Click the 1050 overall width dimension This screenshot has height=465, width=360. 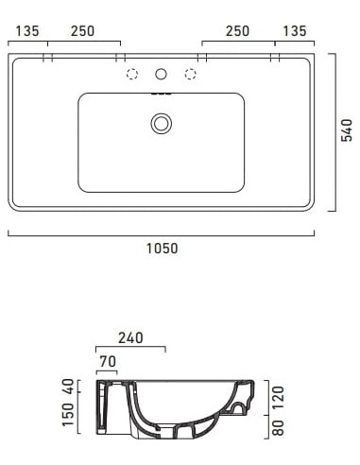tap(162, 249)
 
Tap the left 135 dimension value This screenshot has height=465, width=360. tap(27, 31)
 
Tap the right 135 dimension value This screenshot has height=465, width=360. tap(296, 31)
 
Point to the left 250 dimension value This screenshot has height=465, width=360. tap(83, 31)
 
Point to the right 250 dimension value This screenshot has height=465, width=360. tap(238, 31)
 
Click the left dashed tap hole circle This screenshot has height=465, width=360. tap(132, 74)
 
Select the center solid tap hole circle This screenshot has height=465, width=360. tap(162, 74)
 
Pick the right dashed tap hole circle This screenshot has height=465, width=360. tap(191, 74)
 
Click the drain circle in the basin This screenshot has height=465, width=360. tap(162, 122)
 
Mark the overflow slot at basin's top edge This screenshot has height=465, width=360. tap(162, 95)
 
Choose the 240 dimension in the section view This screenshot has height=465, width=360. tap(130, 336)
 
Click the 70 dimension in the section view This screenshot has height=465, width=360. tap(108, 360)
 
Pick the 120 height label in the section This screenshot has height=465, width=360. tap(277, 396)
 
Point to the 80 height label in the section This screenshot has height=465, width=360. tap(277, 428)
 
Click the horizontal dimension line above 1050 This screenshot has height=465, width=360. tap(162, 232)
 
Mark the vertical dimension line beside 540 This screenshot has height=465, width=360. tap(333, 130)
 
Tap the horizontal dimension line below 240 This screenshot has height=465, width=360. tap(130, 347)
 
